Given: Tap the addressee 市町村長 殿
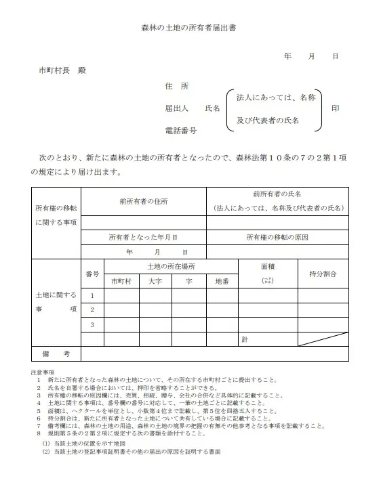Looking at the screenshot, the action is coord(62,70).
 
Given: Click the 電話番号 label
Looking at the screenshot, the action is coord(180,129).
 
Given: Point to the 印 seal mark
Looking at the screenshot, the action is coord(334,108).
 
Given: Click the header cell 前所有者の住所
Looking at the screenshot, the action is coord(143,201).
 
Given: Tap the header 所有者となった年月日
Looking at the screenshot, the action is coord(143,238).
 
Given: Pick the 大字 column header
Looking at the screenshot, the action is coord(155,280).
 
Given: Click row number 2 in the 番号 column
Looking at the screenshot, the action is coord(93,309).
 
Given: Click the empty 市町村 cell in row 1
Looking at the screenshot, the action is coord(121,295).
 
